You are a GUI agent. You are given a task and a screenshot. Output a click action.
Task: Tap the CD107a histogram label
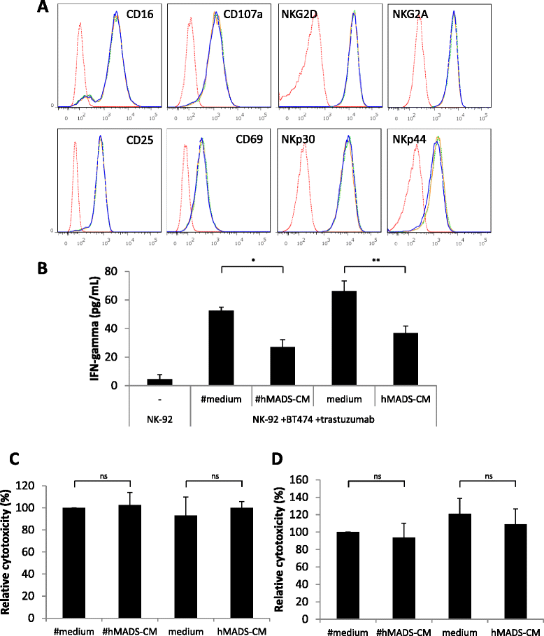click(236, 15)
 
